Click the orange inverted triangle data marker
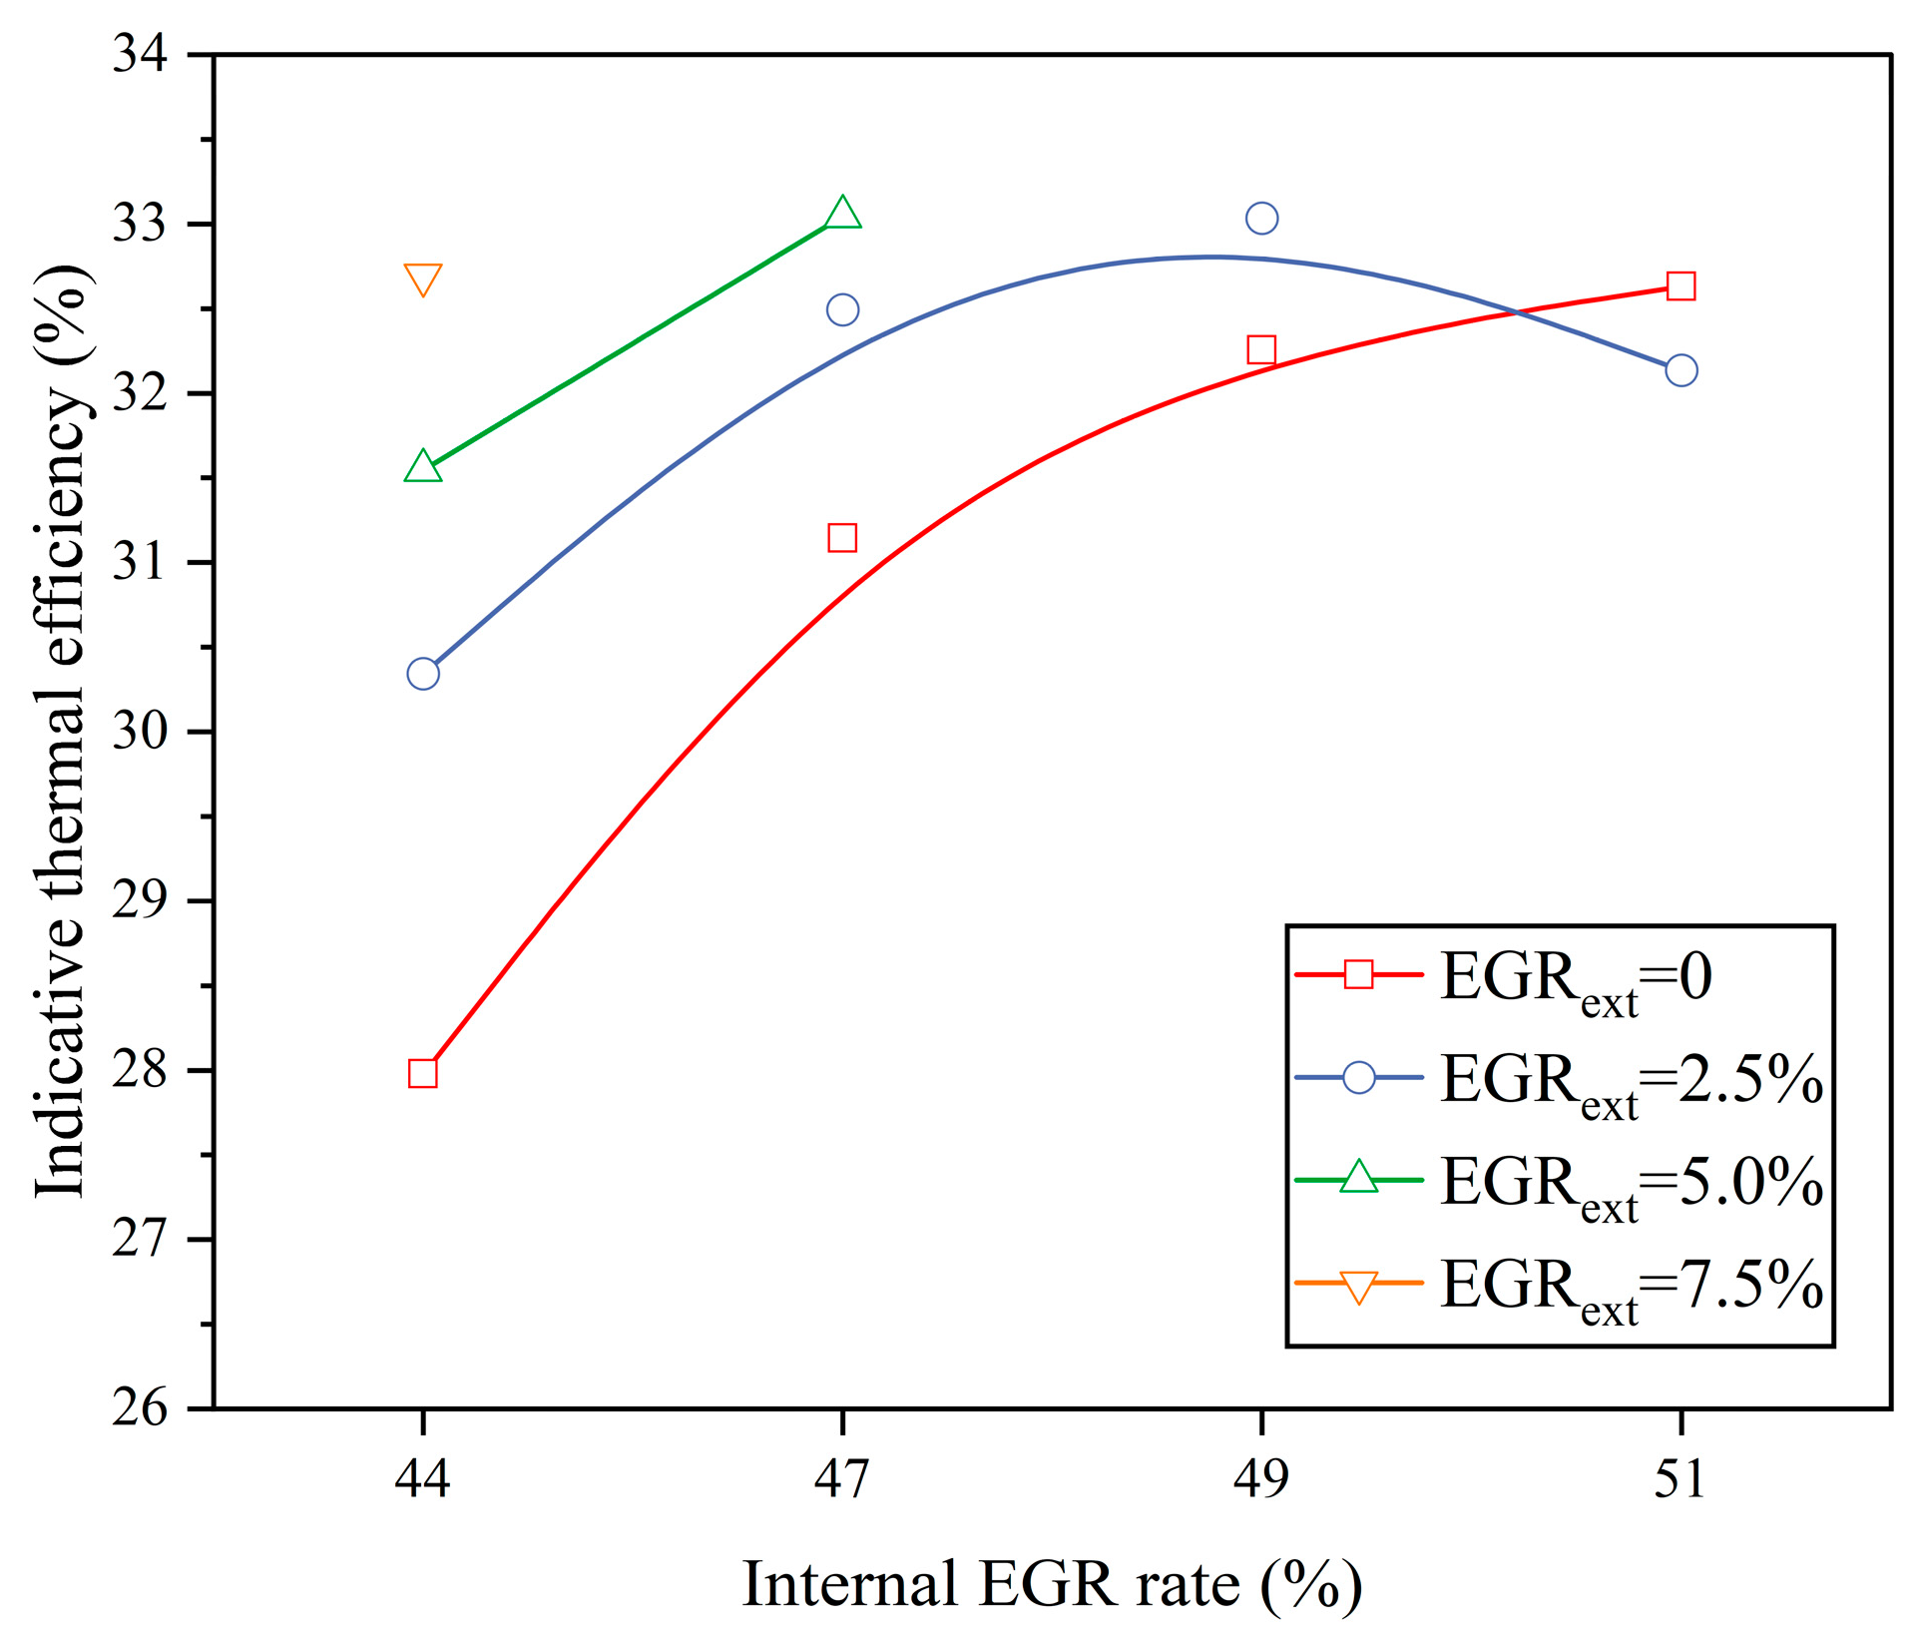point(423,279)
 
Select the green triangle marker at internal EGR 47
point(843,215)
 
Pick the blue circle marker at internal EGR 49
point(1262,218)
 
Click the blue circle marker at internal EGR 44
point(423,674)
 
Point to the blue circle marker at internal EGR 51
point(1681,370)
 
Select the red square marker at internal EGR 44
point(423,1074)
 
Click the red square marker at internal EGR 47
point(842,538)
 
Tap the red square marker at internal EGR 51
point(1681,286)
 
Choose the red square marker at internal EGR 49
point(1262,350)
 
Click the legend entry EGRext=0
point(1576,978)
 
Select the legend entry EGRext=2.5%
point(1632,1081)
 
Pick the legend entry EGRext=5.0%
point(1632,1184)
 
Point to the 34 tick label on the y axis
point(141,53)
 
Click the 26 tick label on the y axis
point(141,1409)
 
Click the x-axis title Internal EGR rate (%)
point(1053,1585)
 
